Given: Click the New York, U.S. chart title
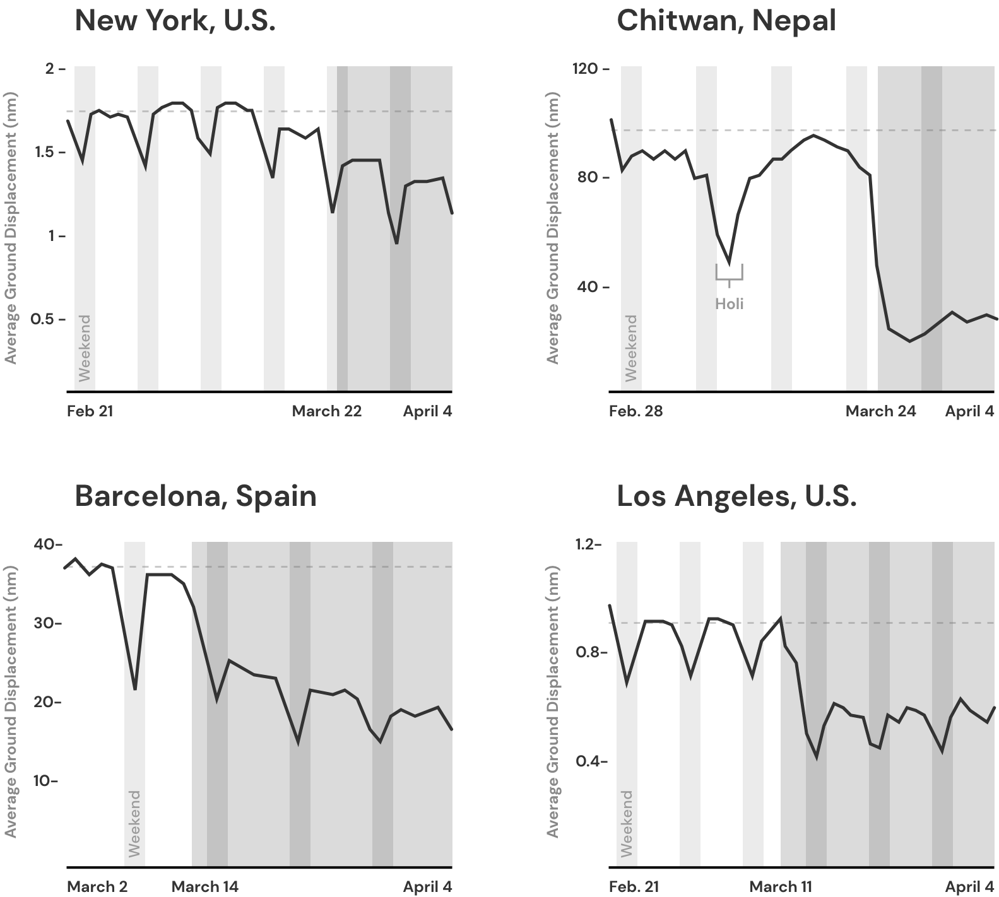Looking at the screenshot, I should click(175, 21).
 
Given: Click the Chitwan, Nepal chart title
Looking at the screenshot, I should click(726, 21).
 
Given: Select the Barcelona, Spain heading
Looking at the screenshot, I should click(196, 496).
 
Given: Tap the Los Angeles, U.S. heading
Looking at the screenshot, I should click(736, 496).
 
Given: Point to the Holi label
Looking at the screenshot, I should click(730, 304).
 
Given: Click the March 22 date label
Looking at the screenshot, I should click(326, 411).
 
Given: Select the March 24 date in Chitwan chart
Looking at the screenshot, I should click(880, 411).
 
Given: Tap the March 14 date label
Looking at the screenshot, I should click(205, 886).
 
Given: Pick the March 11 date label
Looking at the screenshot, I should click(781, 886).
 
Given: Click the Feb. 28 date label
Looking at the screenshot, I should click(635, 411).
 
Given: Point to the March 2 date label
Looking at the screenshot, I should click(97, 886).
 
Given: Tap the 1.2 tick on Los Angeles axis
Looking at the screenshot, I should click(586, 544).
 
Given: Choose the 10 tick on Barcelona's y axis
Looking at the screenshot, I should click(45, 781).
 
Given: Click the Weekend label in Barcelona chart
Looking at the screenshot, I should click(134, 823).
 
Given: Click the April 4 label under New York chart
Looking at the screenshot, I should click(427, 411).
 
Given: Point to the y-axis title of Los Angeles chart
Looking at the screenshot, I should click(553, 701).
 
